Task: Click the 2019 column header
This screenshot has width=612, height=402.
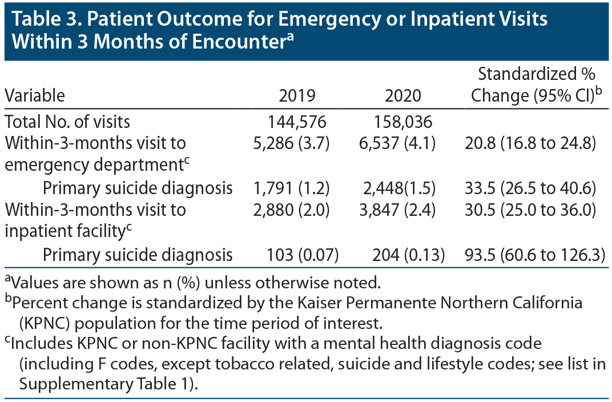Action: (x=297, y=95)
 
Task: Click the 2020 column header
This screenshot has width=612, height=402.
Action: (x=403, y=95)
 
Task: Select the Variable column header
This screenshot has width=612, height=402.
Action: (x=35, y=95)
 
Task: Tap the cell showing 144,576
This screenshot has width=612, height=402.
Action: (x=297, y=122)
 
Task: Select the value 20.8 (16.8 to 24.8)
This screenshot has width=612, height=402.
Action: (x=531, y=143)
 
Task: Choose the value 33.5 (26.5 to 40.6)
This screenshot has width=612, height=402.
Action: (x=531, y=187)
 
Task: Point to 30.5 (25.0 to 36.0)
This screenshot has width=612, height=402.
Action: (x=531, y=210)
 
